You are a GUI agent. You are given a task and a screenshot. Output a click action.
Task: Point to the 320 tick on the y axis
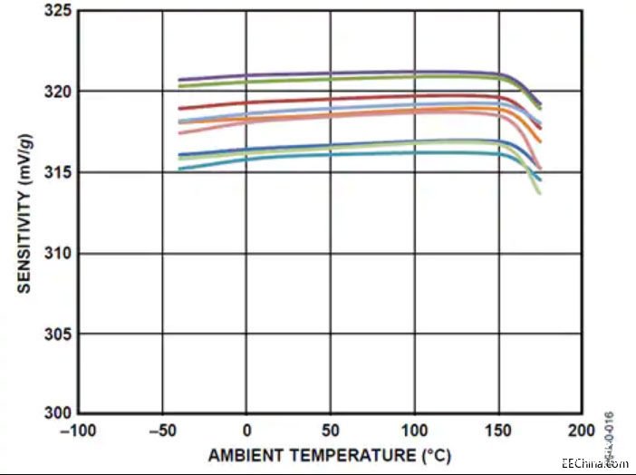click(60, 92)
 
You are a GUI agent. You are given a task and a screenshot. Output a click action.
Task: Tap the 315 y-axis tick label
click(60, 172)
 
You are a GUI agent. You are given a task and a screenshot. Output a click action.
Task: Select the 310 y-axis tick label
click(60, 253)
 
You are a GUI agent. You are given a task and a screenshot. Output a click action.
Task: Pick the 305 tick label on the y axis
click(60, 334)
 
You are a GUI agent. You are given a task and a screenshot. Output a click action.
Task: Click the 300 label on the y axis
click(60, 413)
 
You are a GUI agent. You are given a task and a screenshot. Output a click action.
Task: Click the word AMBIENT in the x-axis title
click(243, 454)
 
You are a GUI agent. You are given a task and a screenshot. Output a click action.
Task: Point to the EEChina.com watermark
click(594, 463)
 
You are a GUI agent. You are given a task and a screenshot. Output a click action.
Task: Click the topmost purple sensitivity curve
click(317, 73)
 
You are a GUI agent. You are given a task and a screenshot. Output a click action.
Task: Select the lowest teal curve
click(317, 153)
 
